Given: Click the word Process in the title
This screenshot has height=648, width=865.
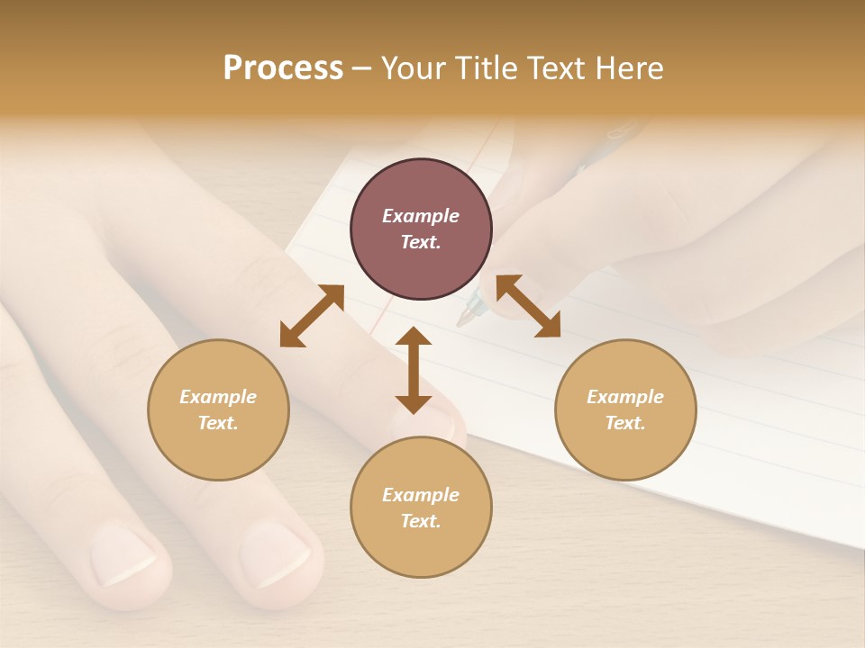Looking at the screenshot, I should pyautogui.click(x=283, y=68).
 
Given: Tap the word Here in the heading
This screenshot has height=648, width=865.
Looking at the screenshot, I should pyautogui.click(x=627, y=68).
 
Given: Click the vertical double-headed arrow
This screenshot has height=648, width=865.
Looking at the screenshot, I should pyautogui.click(x=414, y=370).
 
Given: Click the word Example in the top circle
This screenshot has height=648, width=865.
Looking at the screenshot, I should pyautogui.click(x=421, y=216).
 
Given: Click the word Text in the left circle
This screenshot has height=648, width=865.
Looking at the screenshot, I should pyautogui.click(x=218, y=423).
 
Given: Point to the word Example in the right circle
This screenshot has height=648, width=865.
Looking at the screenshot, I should pyautogui.click(x=625, y=397).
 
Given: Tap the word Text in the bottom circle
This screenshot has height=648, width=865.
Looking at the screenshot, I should pyautogui.click(x=421, y=521).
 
